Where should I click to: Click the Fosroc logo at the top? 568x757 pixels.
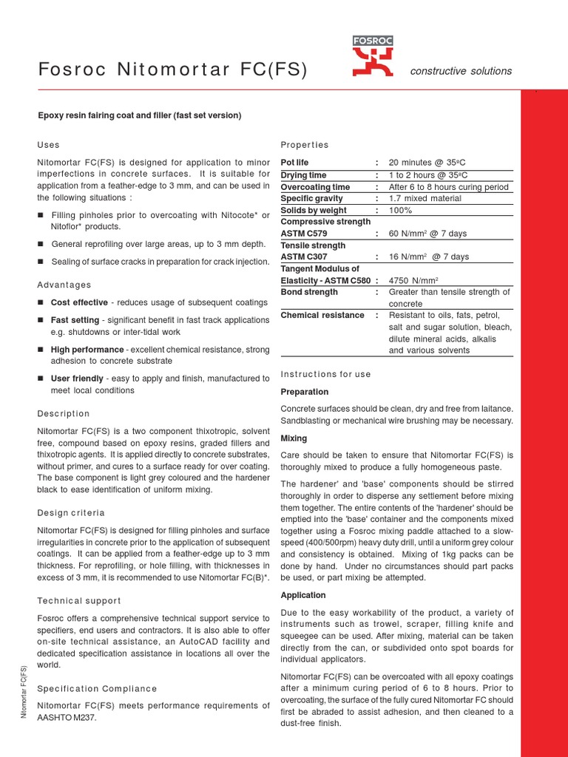(x=373, y=57)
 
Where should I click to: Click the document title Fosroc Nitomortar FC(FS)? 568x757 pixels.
(x=172, y=71)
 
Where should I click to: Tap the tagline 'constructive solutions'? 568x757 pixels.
(x=460, y=71)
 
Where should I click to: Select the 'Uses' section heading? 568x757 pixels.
(x=48, y=145)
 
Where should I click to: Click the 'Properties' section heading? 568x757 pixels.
(x=305, y=145)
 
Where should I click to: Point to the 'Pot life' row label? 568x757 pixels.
(x=295, y=163)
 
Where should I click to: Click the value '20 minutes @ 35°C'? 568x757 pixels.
(x=428, y=163)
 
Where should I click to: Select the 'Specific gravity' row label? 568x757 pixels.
(x=312, y=198)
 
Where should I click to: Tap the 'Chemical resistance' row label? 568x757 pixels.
(x=322, y=316)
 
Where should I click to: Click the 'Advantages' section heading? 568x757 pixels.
(x=64, y=285)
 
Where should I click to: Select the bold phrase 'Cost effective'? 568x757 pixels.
(x=79, y=302)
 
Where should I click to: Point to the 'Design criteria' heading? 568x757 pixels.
(x=71, y=512)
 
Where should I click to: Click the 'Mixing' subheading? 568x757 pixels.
(x=294, y=438)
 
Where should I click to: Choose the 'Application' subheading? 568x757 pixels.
(x=303, y=595)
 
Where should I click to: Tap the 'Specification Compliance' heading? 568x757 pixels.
(x=97, y=688)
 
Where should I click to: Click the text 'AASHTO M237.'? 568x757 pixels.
(x=67, y=718)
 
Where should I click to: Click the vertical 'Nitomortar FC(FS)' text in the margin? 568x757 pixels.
(x=24, y=691)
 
